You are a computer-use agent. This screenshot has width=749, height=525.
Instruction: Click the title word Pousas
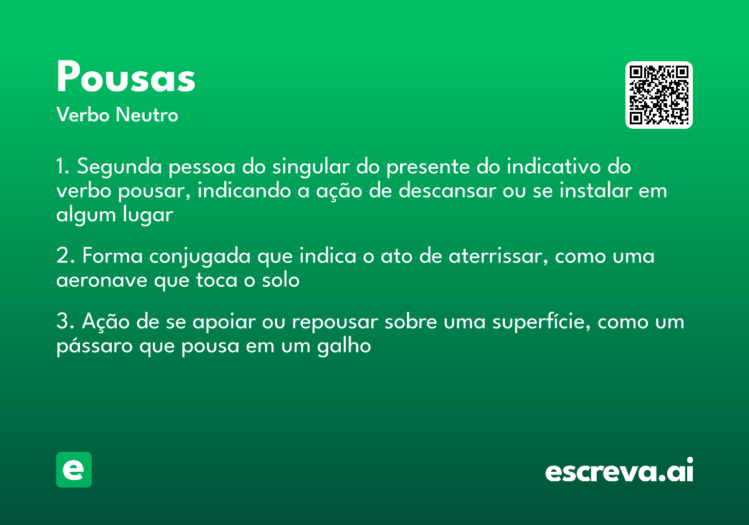click(126, 77)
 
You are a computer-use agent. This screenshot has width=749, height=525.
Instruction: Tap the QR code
click(659, 95)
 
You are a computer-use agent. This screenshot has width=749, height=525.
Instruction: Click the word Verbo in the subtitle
click(82, 116)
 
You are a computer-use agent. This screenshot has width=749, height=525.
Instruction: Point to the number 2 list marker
click(62, 257)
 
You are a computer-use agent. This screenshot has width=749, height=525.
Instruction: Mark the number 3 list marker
click(62, 322)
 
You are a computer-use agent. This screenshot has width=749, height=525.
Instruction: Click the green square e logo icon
click(74, 469)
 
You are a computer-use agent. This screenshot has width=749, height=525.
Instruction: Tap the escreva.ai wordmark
click(619, 471)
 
